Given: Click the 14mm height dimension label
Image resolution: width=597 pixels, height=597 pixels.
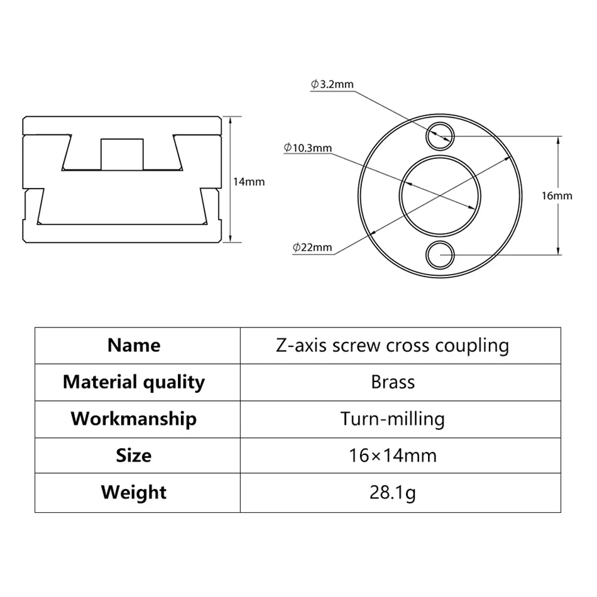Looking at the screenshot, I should tap(248, 182).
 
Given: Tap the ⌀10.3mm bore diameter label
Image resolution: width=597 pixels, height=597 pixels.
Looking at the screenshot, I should tap(307, 148).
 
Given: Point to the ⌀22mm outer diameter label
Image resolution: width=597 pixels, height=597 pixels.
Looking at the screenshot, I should tap(312, 247).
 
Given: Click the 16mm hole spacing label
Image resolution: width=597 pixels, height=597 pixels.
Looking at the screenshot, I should tap(557, 195).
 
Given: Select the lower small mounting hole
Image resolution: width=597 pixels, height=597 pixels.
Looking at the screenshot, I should tap(439, 255).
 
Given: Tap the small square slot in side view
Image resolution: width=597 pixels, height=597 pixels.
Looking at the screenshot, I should tap(122, 154).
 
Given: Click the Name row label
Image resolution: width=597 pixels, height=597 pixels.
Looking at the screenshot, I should tap(134, 345).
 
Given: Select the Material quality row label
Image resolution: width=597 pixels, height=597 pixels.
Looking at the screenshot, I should tap(134, 382).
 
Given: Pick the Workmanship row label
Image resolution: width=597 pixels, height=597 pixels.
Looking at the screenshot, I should tap(134, 419).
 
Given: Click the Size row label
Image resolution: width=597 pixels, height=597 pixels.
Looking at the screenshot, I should tap(134, 455).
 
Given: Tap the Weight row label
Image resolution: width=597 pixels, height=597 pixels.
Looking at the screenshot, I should tap(134, 492).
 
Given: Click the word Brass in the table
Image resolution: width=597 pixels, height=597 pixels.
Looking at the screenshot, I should tap(393, 382).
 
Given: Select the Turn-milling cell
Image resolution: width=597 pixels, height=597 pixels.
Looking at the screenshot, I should tap(393, 419).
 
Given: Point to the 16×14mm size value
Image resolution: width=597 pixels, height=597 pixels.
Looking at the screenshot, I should tap(393, 455).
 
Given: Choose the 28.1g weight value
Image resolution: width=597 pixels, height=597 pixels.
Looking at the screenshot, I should tap(393, 492).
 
